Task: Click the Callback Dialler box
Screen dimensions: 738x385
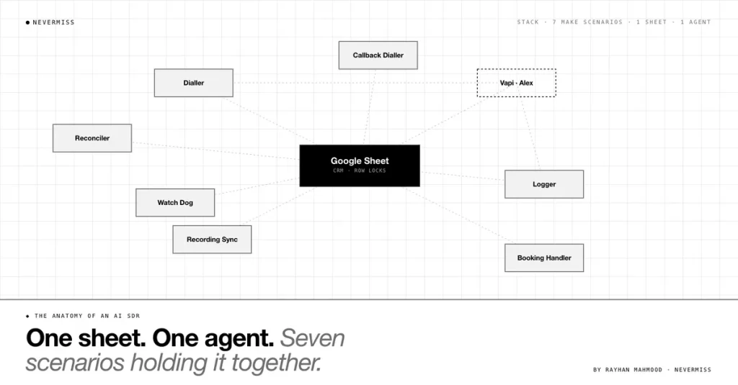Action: (x=378, y=55)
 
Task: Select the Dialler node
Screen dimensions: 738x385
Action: (x=193, y=83)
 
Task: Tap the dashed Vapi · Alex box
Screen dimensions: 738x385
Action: (x=516, y=83)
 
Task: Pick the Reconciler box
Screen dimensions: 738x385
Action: (x=92, y=138)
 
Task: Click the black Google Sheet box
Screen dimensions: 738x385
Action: (x=360, y=166)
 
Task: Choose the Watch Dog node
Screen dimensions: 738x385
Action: (x=175, y=203)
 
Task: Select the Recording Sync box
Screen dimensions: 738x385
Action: (x=212, y=239)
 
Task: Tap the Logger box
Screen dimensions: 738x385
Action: (x=544, y=184)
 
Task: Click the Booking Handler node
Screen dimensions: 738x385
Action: (x=544, y=258)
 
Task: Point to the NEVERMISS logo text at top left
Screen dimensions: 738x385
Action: (x=53, y=22)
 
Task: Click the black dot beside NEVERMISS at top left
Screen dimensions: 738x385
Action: (x=28, y=22)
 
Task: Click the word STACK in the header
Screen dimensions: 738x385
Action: (x=528, y=22)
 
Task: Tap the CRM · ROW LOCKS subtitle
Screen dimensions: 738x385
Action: (x=360, y=171)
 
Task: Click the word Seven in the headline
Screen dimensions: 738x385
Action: (x=313, y=338)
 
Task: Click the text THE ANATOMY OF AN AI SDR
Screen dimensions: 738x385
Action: (x=87, y=316)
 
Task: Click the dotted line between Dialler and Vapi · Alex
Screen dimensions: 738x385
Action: (x=355, y=83)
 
